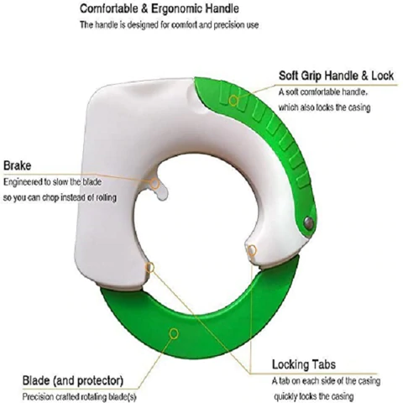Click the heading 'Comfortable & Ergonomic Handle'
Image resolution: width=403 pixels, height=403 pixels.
pyautogui.click(x=160, y=8)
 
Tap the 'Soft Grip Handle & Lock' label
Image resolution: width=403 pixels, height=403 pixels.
pyautogui.click(x=336, y=76)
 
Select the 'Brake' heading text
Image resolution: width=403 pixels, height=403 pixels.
pyautogui.click(x=17, y=165)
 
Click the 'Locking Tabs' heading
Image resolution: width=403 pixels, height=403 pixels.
pyautogui.click(x=304, y=364)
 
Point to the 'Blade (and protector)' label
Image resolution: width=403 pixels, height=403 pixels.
pyautogui.click(x=73, y=380)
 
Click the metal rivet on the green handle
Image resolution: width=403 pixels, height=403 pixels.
pyautogui.click(x=309, y=222)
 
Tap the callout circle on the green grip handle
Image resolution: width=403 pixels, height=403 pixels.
pyautogui.click(x=233, y=101)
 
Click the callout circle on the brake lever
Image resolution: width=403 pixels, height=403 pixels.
pyautogui.click(x=154, y=184)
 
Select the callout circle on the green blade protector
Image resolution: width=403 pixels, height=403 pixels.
pyautogui.click(x=174, y=333)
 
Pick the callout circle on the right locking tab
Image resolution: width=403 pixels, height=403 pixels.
pyautogui.click(x=252, y=250)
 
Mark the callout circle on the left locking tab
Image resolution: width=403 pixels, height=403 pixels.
pyautogui.click(x=150, y=268)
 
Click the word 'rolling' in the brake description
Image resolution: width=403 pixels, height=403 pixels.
pyautogui.click(x=106, y=197)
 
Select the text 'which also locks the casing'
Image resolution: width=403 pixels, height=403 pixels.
pyautogui.click(x=324, y=107)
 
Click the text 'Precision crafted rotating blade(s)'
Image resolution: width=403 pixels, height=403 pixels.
pyautogui.click(x=79, y=397)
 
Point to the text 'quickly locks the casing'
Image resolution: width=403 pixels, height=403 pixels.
pyautogui.click(x=314, y=396)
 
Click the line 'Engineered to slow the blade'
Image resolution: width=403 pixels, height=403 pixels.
pyautogui.click(x=52, y=182)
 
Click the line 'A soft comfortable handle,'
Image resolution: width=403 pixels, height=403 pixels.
pyautogui.click(x=323, y=92)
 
